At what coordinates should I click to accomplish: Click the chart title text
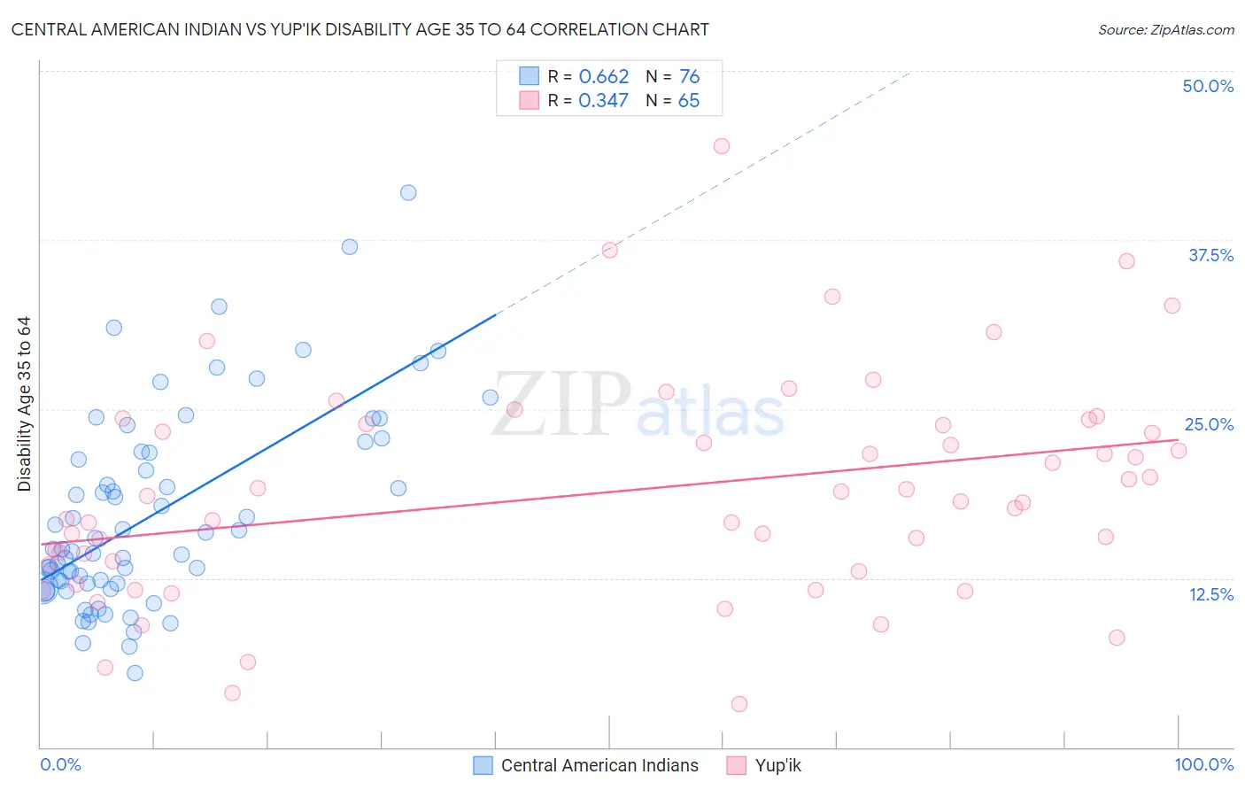pyautogui.click(x=360, y=29)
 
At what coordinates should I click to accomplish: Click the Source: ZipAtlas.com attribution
pyautogui.click(x=1165, y=29)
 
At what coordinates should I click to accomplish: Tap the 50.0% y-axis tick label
pyautogui.click(x=1208, y=86)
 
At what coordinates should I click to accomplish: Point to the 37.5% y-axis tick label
pyautogui.click(x=1210, y=255)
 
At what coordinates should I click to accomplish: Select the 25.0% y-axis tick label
pyautogui.click(x=1209, y=424)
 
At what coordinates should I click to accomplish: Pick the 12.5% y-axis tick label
pyautogui.click(x=1210, y=594)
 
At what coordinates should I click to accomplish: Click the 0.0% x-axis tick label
pyautogui.click(x=60, y=764)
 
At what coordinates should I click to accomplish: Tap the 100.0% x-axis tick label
pyautogui.click(x=1203, y=764)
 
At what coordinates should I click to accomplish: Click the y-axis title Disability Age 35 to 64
pyautogui.click(x=25, y=404)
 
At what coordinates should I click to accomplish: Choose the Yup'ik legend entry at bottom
pyautogui.click(x=777, y=765)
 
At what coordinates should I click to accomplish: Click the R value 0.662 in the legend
pyautogui.click(x=603, y=77)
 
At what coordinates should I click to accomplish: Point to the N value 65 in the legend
pyautogui.click(x=688, y=101)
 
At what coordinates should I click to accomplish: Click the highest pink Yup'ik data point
pyautogui.click(x=722, y=146)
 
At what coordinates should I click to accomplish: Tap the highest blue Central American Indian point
pyautogui.click(x=408, y=192)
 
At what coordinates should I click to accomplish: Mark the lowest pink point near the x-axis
pyautogui.click(x=739, y=704)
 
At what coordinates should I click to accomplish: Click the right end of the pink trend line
pyautogui.click(x=1177, y=440)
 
